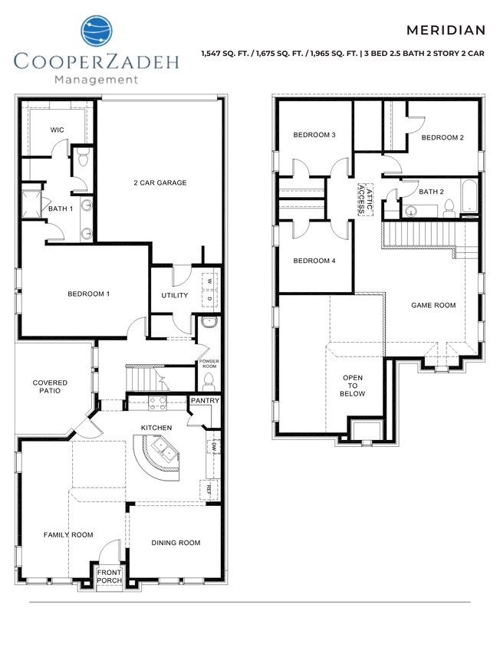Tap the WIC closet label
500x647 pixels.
click(x=57, y=130)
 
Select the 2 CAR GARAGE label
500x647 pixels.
click(x=160, y=182)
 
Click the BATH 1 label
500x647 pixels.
click(x=60, y=209)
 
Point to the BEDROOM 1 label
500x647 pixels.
click(x=89, y=294)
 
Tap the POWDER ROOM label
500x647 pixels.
click(x=209, y=363)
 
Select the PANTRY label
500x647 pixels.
click(x=205, y=400)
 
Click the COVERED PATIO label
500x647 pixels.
click(x=50, y=386)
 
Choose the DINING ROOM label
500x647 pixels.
click(x=176, y=543)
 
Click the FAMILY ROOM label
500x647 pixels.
click(x=68, y=535)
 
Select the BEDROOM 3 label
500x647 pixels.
click(x=314, y=135)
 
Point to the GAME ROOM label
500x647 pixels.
click(x=433, y=305)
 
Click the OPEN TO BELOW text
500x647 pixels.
click(x=352, y=386)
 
